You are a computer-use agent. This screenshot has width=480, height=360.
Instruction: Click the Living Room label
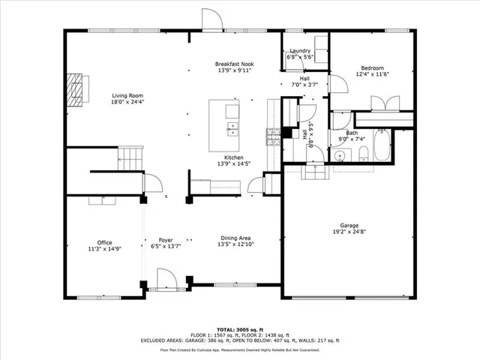click(127, 95)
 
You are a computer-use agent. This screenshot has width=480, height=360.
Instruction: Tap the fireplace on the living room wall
click(74, 91)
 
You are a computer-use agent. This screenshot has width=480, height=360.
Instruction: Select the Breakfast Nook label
click(235, 64)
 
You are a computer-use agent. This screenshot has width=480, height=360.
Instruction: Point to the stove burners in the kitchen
click(273, 135)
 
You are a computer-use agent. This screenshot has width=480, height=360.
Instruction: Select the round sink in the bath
click(339, 155)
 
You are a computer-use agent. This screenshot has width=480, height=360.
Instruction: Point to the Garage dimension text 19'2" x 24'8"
click(349, 232)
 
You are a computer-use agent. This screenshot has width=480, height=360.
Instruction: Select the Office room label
click(104, 242)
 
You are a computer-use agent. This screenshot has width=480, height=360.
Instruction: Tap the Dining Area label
click(234, 238)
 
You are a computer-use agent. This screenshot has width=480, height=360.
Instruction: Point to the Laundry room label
click(300, 51)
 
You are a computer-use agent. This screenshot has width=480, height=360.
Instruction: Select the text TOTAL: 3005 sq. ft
click(239, 329)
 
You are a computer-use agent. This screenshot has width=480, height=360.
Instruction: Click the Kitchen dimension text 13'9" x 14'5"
click(233, 163)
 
